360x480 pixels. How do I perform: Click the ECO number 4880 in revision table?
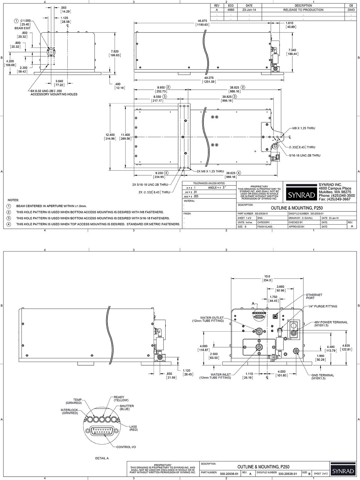[231, 10]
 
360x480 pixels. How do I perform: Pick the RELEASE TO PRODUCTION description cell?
[303, 10]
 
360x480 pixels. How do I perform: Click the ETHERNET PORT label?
[314, 296]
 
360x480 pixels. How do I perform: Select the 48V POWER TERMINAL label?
[331, 322]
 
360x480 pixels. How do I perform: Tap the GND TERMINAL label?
[322, 375]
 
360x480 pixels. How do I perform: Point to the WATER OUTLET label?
[212, 318]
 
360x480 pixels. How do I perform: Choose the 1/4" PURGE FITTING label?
[322, 306]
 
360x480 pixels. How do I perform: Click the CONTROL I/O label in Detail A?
[126, 447]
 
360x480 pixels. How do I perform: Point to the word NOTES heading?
[13, 200]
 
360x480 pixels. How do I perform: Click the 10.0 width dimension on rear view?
[267, 276]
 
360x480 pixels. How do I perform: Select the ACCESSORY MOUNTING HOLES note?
[54, 94]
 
